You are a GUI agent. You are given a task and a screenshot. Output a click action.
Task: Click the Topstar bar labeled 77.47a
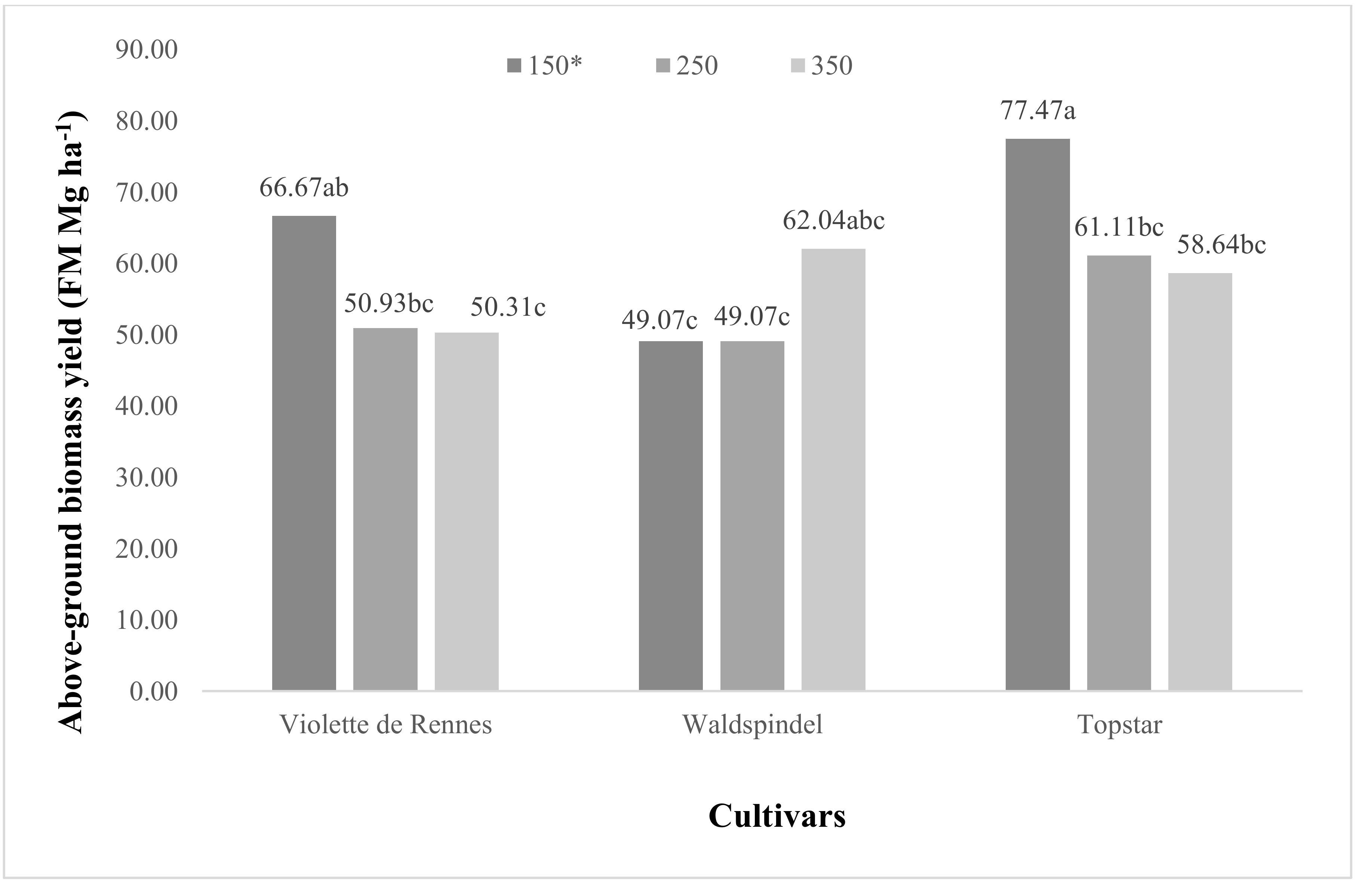pos(1037,415)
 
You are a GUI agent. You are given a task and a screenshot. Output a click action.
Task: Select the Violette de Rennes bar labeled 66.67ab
pos(304,453)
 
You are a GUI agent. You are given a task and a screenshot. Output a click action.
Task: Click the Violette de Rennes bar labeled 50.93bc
pos(385,509)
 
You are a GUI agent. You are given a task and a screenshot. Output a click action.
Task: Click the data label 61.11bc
pos(1119,227)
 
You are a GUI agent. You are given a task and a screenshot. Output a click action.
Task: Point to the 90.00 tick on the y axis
pos(147,50)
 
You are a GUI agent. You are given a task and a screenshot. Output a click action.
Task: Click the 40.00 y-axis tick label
pos(147,406)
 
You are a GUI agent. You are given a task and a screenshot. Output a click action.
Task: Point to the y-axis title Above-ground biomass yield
pos(73,422)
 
